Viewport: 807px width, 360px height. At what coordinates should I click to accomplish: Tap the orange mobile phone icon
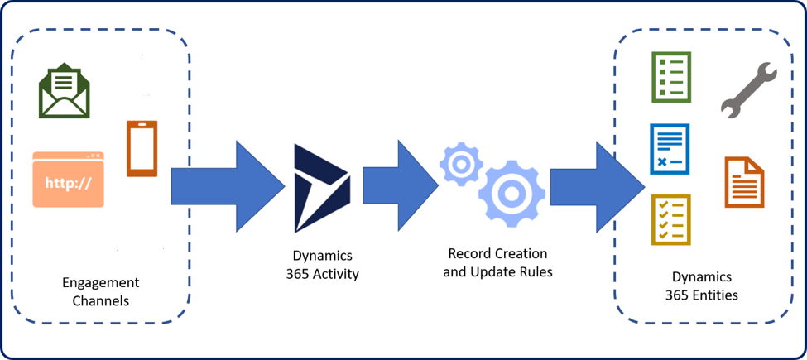pyautogui.click(x=142, y=149)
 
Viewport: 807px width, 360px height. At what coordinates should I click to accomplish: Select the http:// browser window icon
pyautogui.click(x=69, y=179)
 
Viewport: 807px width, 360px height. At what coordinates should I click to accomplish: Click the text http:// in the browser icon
pyautogui.click(x=69, y=183)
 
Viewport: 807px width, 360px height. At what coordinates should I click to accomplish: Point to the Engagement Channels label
pyautogui.click(x=101, y=291)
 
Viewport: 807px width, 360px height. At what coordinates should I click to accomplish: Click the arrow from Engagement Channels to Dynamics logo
pyautogui.click(x=228, y=186)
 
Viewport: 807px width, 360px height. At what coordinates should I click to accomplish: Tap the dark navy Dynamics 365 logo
pyautogui.click(x=323, y=188)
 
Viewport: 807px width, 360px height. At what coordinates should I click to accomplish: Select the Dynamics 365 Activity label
pyautogui.click(x=322, y=264)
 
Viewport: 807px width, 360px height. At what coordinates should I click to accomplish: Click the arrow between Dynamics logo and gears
pyautogui.click(x=401, y=185)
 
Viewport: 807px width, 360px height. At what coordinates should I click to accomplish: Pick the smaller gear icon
pyautogui.click(x=461, y=165)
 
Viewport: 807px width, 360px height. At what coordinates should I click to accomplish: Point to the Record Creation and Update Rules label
pyautogui.click(x=497, y=263)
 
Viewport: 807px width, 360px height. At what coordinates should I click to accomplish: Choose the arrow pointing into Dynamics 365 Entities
pyautogui.click(x=598, y=187)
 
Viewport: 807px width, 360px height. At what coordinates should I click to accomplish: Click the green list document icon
pyautogui.click(x=670, y=77)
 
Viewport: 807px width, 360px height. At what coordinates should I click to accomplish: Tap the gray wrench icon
pyautogui.click(x=748, y=90)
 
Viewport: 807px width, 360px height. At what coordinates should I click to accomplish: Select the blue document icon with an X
pyautogui.click(x=670, y=149)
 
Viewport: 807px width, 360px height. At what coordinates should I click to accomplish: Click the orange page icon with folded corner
pyautogui.click(x=744, y=182)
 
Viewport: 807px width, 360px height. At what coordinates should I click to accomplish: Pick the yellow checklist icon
pyautogui.click(x=670, y=219)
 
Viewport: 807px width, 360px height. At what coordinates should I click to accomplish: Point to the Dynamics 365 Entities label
pyautogui.click(x=702, y=286)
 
